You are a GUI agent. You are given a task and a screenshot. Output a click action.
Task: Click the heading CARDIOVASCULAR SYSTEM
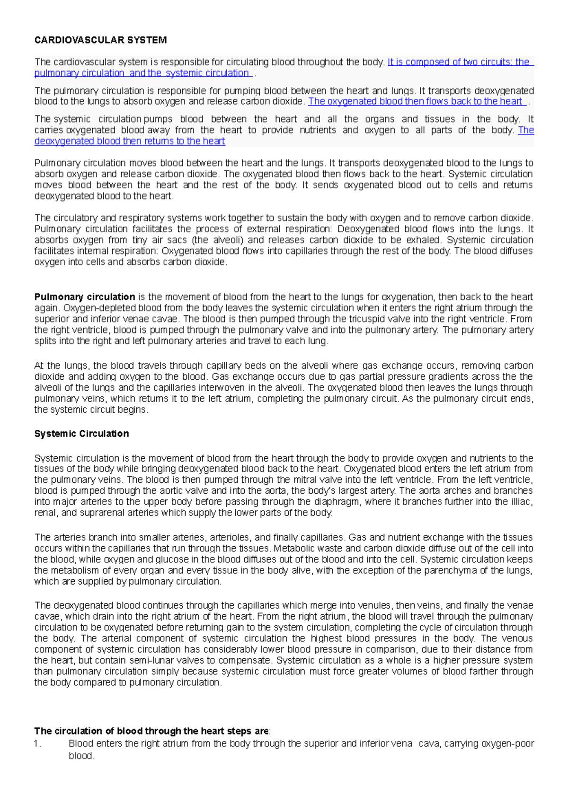coord(100,40)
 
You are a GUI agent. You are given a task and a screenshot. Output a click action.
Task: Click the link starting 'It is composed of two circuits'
coord(458,62)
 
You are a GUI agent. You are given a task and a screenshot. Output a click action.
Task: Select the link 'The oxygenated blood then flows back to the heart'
coord(415,101)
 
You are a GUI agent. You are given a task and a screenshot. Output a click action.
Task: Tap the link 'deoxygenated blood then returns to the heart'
coord(130,141)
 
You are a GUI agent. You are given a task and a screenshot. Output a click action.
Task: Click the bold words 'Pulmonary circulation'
coord(85,297)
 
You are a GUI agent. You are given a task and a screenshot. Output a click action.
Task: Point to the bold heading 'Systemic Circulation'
coord(81,434)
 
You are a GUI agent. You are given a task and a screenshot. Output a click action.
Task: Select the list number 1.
coord(38,743)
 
